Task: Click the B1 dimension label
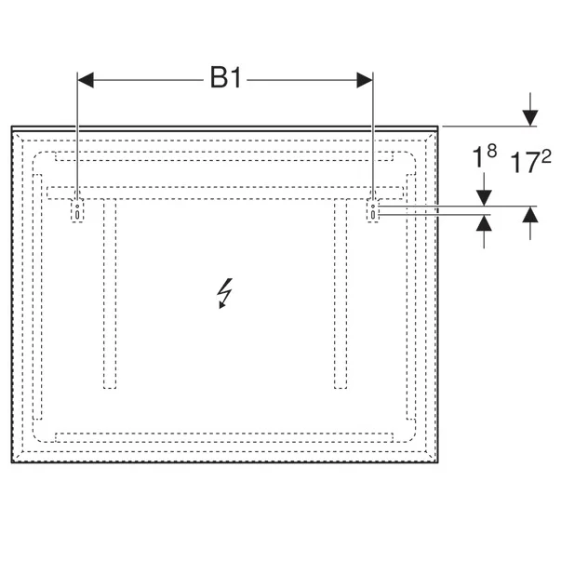click(226, 77)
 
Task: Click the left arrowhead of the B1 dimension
click(86, 80)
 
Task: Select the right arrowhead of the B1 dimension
click(365, 80)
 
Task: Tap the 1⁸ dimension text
click(485, 155)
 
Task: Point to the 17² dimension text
click(530, 161)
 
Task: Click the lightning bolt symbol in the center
click(225, 293)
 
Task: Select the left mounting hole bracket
click(77, 211)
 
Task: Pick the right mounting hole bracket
click(373, 211)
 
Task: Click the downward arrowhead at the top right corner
click(530, 118)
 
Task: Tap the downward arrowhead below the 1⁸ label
click(484, 198)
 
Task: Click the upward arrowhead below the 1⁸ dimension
click(484, 222)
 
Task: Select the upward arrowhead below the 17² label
click(530, 214)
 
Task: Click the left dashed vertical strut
click(110, 293)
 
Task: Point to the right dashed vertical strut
click(341, 293)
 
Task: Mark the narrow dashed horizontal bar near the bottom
click(224, 437)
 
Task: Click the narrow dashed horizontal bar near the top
click(224, 156)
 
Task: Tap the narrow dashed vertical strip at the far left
click(37, 297)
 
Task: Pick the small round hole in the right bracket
click(373, 207)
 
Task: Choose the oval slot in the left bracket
click(77, 215)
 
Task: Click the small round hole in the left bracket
click(77, 207)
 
